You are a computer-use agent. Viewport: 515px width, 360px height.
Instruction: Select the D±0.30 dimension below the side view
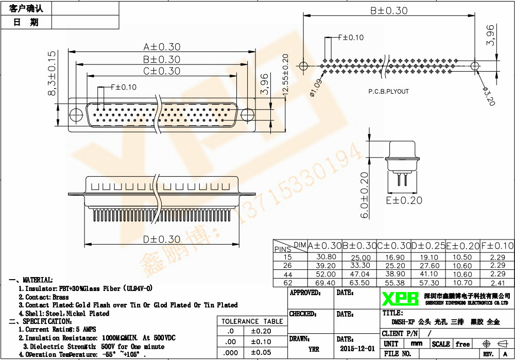click(162, 239)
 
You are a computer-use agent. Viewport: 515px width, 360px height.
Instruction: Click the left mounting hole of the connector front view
click(76, 114)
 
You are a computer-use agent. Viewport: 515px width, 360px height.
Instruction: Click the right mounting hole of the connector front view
click(247, 114)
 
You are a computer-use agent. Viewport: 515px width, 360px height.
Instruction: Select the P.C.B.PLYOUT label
click(388, 91)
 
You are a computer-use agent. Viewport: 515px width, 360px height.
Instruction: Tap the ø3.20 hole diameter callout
click(488, 96)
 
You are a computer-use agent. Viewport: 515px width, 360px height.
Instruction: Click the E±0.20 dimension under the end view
click(404, 200)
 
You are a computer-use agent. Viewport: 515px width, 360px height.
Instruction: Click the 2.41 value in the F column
click(497, 283)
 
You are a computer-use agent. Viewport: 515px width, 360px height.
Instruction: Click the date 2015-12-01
click(357, 349)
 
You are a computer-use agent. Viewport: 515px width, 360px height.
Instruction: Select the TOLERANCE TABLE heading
click(252, 321)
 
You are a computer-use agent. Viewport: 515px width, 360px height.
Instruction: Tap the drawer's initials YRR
click(313, 349)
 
